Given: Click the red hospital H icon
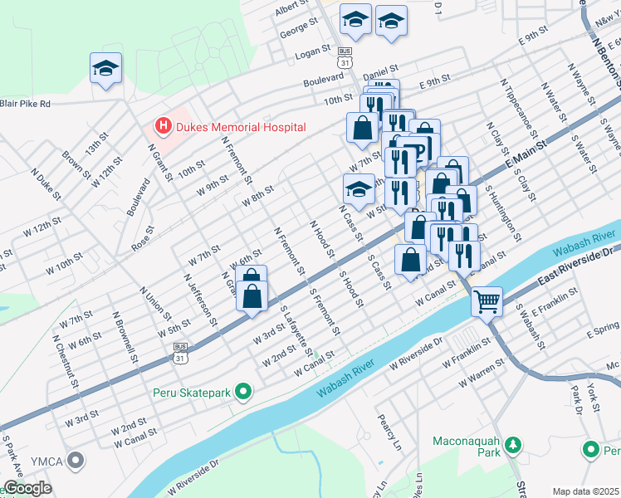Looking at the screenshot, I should [163, 126].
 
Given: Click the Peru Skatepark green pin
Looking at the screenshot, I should [243, 390].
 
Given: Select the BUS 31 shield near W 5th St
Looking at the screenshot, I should [179, 352].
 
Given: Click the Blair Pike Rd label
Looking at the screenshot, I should [26, 104].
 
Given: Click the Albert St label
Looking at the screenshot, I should [291, 8].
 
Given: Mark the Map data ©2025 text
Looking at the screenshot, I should [586, 491].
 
